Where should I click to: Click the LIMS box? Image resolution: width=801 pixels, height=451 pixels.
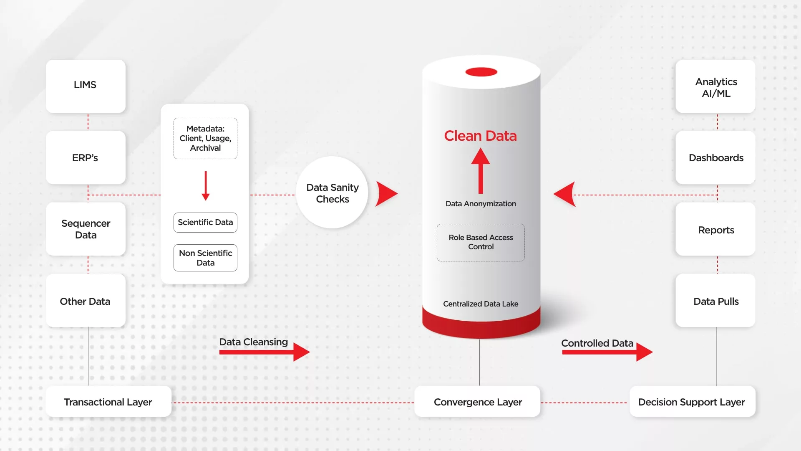point(86,86)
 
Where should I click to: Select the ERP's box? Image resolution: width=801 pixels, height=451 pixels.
point(86,157)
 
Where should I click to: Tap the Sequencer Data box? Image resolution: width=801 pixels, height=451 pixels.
point(86,229)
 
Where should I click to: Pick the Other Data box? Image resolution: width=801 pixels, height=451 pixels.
point(86,300)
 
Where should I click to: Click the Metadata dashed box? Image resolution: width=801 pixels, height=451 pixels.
point(205,138)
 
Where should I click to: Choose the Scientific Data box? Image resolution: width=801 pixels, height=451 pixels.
point(205,223)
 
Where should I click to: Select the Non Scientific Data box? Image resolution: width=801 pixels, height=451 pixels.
point(205,258)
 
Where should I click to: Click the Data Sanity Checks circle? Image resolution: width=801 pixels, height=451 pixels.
point(332,193)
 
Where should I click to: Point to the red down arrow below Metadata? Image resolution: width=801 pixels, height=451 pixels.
point(206,186)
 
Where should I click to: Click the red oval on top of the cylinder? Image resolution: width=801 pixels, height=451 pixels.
point(481,72)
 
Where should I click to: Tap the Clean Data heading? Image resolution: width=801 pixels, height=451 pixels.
point(480,136)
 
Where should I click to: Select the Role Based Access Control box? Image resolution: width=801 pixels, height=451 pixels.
point(481,243)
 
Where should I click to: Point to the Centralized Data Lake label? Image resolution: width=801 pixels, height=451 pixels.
point(481,304)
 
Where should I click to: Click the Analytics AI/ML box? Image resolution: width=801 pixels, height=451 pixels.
point(715,86)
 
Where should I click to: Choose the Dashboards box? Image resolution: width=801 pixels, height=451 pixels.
point(715,157)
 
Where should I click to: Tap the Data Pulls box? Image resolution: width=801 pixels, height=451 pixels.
point(715,300)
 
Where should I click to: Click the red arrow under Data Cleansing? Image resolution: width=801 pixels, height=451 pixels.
point(264,352)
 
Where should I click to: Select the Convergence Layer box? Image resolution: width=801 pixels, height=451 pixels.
point(477,401)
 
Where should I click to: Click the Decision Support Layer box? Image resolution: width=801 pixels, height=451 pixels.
point(693,401)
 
